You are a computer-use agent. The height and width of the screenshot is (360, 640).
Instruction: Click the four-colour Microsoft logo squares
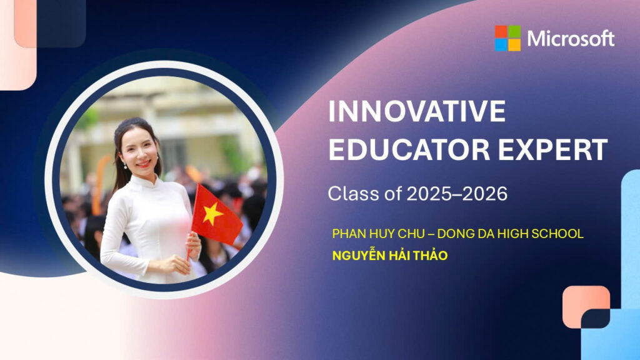(x=507, y=38)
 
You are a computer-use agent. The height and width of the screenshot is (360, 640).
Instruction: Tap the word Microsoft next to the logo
(x=571, y=39)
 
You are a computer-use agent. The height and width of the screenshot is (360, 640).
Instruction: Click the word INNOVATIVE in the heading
(x=417, y=111)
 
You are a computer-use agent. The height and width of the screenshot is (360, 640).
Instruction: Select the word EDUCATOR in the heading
(x=409, y=149)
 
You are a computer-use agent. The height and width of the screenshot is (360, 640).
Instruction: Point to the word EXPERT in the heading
(x=552, y=149)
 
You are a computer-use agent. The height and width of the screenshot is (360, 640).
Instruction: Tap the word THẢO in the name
(x=431, y=255)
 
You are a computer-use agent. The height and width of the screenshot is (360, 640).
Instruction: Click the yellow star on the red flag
(x=212, y=214)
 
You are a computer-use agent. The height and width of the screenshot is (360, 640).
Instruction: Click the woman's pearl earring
(x=125, y=166)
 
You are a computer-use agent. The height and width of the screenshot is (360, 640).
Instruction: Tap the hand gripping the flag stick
(x=193, y=245)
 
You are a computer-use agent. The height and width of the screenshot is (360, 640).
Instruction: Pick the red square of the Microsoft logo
(x=501, y=31)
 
